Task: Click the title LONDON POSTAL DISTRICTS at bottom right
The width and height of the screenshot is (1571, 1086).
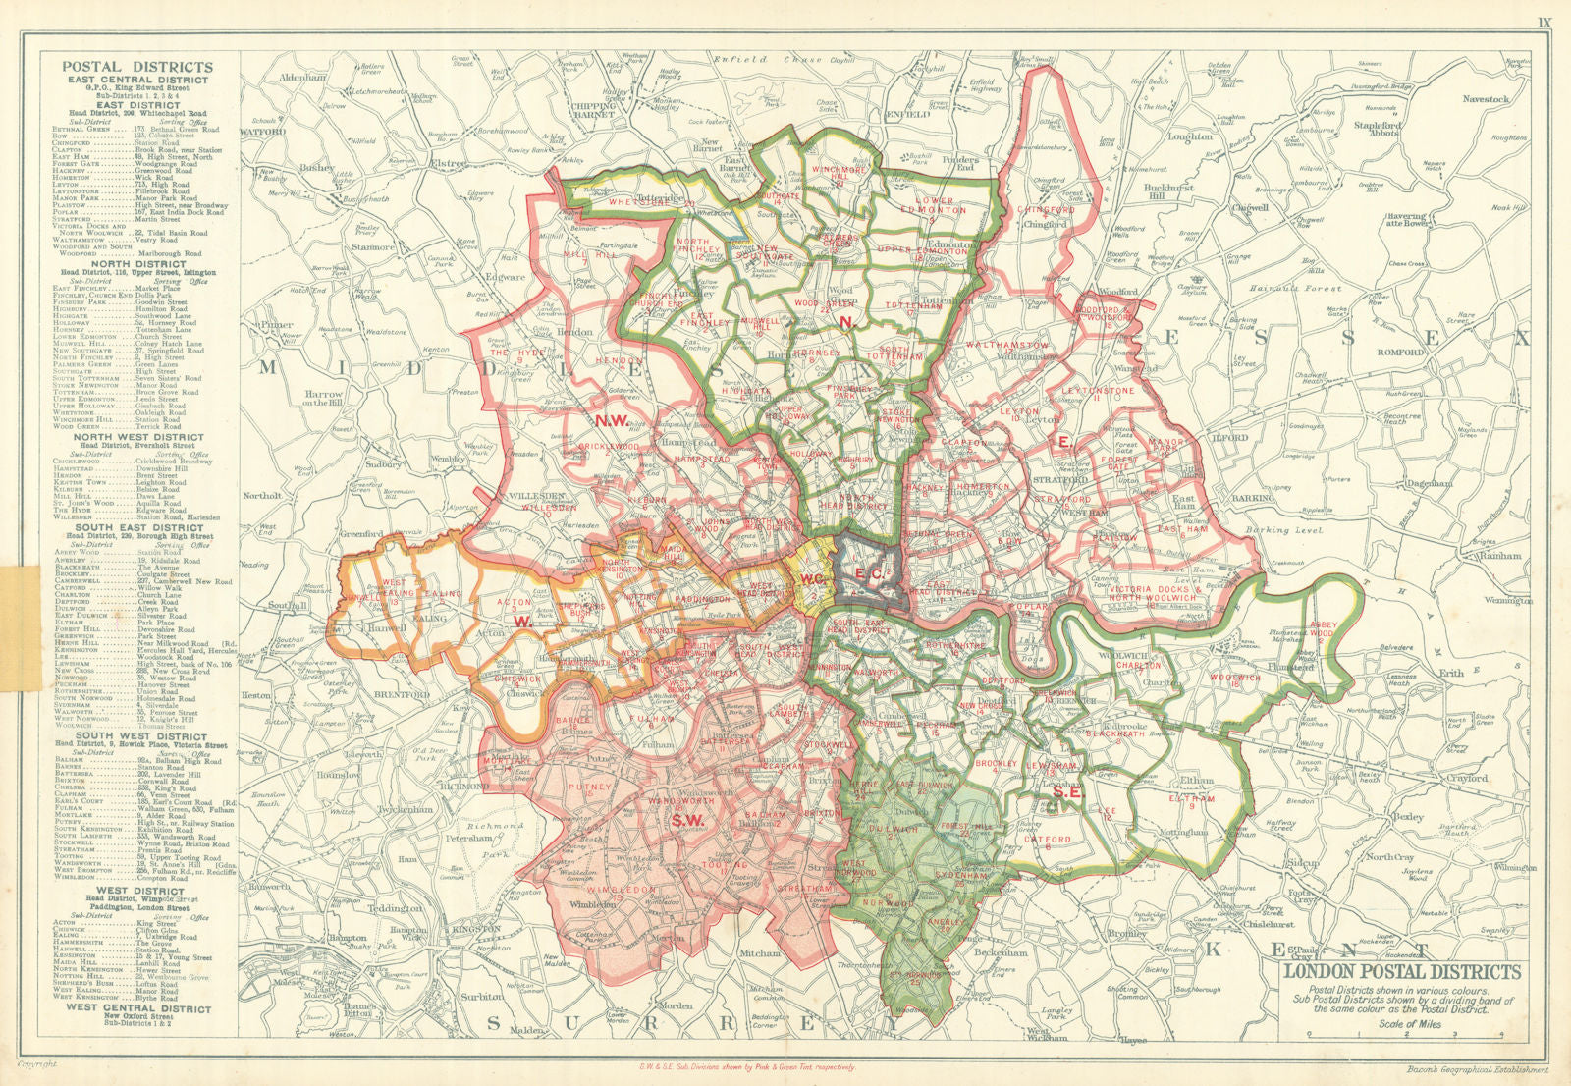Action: [1402, 972]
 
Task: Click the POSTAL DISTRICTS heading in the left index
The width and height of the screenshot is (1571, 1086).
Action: [137, 67]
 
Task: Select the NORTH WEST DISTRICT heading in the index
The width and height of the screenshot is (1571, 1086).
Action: [137, 437]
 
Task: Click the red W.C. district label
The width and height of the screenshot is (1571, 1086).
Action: [812, 579]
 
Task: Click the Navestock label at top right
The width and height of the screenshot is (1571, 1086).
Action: [1485, 99]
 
